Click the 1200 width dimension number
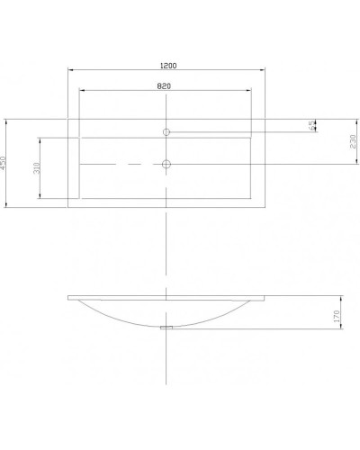coord(168,66)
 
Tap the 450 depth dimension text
coord(5,163)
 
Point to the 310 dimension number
coord(36,168)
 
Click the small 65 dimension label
coord(312,125)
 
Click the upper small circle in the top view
coord(167,131)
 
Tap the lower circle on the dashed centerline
coord(167,164)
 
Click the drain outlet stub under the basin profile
coord(167,328)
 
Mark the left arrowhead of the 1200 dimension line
coord(70,71)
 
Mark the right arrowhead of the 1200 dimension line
coord(265,71)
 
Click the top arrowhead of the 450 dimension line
coord(10,120)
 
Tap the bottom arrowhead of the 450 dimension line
coord(10,208)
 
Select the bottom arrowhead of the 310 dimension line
coord(40,198)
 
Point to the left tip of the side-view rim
coord(69,298)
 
